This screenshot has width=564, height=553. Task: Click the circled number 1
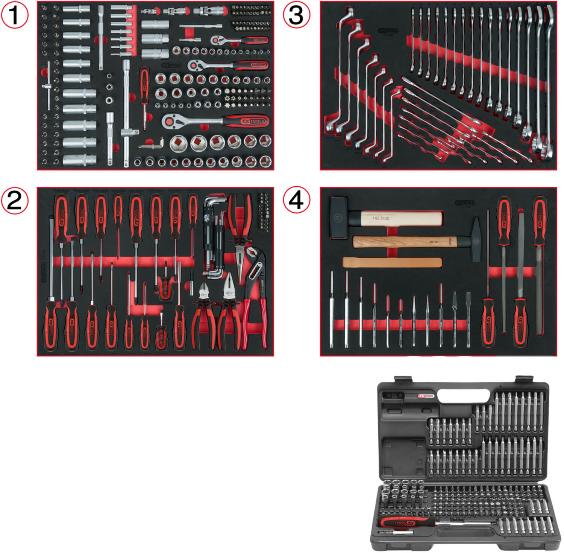(14, 15)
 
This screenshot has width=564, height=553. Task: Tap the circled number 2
(14, 201)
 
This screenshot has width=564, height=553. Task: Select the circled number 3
(296, 15)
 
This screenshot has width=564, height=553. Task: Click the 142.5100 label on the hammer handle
(381, 218)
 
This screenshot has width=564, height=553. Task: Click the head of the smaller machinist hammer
(476, 240)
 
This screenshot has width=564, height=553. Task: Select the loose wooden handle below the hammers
(392, 262)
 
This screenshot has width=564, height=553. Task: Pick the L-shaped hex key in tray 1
(152, 144)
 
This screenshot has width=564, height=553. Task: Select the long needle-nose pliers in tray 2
(239, 233)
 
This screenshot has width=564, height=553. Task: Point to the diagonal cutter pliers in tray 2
(203, 312)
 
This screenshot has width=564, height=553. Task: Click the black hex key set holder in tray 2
(214, 237)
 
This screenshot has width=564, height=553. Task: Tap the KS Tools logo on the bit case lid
(426, 396)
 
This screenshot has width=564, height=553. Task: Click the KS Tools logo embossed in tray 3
(388, 31)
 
